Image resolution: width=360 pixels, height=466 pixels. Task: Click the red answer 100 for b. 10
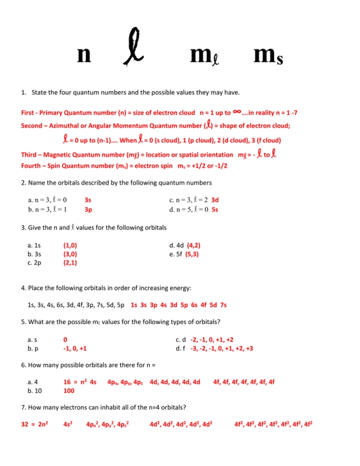point(69,391)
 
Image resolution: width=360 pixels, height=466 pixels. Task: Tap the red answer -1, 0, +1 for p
point(75,348)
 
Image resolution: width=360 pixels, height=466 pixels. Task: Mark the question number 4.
point(23,288)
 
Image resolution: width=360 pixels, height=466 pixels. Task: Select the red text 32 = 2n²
point(34,424)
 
